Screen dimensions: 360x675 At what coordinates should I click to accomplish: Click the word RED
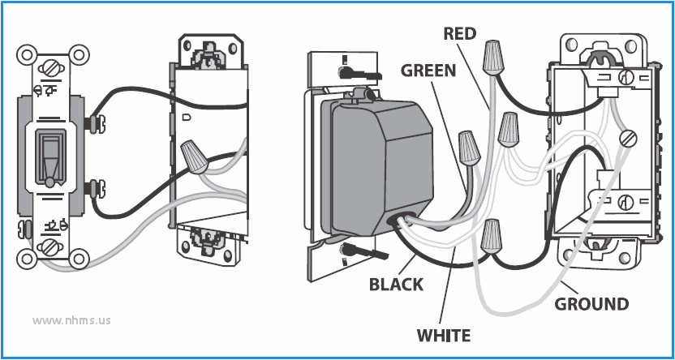(x=460, y=33)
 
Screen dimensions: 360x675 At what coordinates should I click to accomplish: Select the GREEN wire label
(x=428, y=71)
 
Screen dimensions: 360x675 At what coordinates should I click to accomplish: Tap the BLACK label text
(x=396, y=285)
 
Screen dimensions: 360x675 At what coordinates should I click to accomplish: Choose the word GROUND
(x=591, y=305)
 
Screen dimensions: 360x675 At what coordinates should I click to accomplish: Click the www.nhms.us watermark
(x=71, y=319)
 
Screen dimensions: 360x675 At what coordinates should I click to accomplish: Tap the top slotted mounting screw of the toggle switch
(x=49, y=66)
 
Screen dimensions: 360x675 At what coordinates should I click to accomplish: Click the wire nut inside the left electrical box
(x=192, y=155)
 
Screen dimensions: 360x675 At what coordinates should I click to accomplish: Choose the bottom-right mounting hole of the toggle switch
(x=79, y=259)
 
